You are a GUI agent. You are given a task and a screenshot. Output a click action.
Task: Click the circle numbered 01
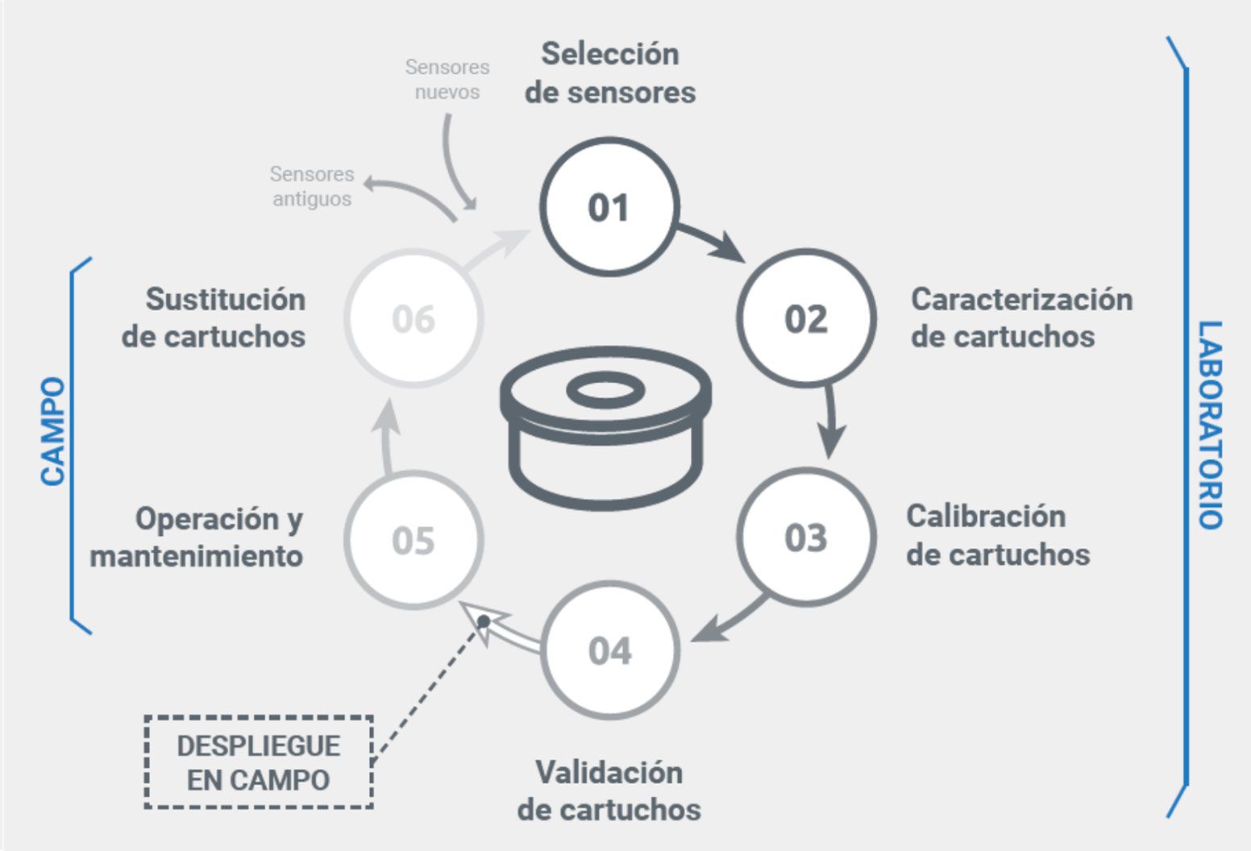click(609, 207)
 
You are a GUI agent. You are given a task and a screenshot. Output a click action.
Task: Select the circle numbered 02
click(806, 318)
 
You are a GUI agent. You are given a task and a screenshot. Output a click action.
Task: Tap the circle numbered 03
click(806, 538)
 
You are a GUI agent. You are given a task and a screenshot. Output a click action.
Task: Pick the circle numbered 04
click(610, 650)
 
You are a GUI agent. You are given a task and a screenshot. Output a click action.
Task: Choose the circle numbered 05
click(414, 539)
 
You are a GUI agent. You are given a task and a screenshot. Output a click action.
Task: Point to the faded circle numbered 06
click(414, 318)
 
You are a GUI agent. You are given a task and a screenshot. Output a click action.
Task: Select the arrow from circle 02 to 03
click(830, 423)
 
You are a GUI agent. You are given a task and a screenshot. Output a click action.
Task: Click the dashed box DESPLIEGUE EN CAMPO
click(259, 762)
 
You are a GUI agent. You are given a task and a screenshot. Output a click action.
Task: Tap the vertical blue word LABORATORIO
click(1210, 425)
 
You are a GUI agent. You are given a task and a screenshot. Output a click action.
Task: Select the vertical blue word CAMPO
click(53, 431)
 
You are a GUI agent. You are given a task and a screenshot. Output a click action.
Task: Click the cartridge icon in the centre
click(605, 427)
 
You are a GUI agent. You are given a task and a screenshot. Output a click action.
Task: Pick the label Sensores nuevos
click(447, 79)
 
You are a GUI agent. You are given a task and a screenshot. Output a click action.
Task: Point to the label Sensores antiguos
click(312, 186)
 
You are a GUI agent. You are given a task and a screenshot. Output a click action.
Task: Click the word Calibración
click(986, 517)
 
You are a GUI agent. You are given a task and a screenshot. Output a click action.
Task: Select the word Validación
click(609, 773)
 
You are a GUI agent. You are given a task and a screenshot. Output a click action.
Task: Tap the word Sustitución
click(226, 300)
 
